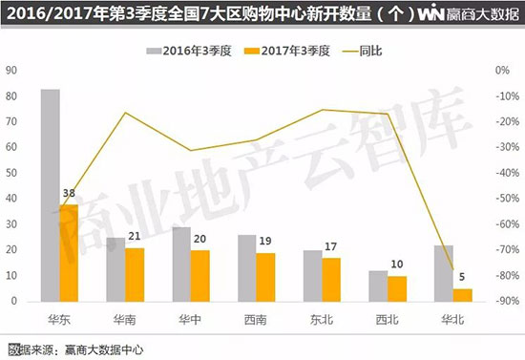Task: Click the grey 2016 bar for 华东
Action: point(51,195)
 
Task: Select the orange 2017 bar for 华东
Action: point(69,252)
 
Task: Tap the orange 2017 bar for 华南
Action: point(136,274)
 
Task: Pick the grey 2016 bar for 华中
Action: point(180,264)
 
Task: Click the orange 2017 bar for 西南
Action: point(264,276)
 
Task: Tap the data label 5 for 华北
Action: point(461,280)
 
